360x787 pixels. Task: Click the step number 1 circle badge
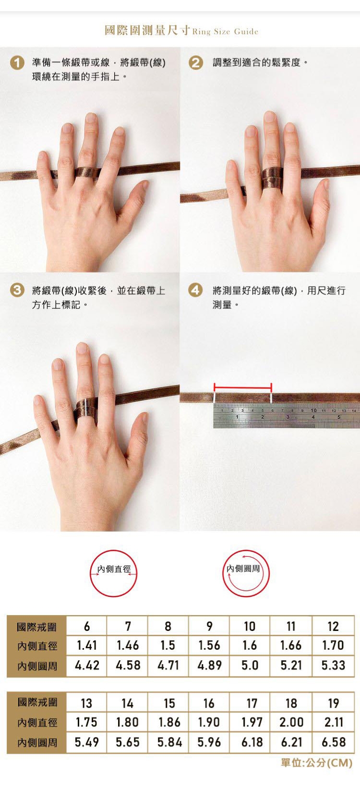click(x=17, y=63)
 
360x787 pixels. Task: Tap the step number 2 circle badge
click(x=196, y=63)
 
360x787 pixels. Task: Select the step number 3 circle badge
click(x=17, y=291)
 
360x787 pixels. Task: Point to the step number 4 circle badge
click(x=196, y=291)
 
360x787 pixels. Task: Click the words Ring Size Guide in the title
click(x=225, y=32)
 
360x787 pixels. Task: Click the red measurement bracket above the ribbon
click(x=243, y=388)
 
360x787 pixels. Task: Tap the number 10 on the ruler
click(x=313, y=411)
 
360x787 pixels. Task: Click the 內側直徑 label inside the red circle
click(x=114, y=569)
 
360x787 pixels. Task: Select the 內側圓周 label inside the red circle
click(x=243, y=569)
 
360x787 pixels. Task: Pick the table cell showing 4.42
click(x=87, y=665)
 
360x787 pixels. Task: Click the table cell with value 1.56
click(x=209, y=645)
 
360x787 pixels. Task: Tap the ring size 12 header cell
click(x=333, y=626)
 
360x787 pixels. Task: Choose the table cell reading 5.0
click(x=250, y=665)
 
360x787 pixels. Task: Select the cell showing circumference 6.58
click(x=334, y=742)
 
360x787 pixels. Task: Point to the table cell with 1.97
click(x=252, y=722)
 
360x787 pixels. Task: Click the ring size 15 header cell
click(x=169, y=703)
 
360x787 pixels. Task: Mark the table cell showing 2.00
click(x=291, y=722)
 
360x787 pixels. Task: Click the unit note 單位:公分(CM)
click(x=316, y=763)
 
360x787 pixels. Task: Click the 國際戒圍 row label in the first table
click(x=36, y=627)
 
